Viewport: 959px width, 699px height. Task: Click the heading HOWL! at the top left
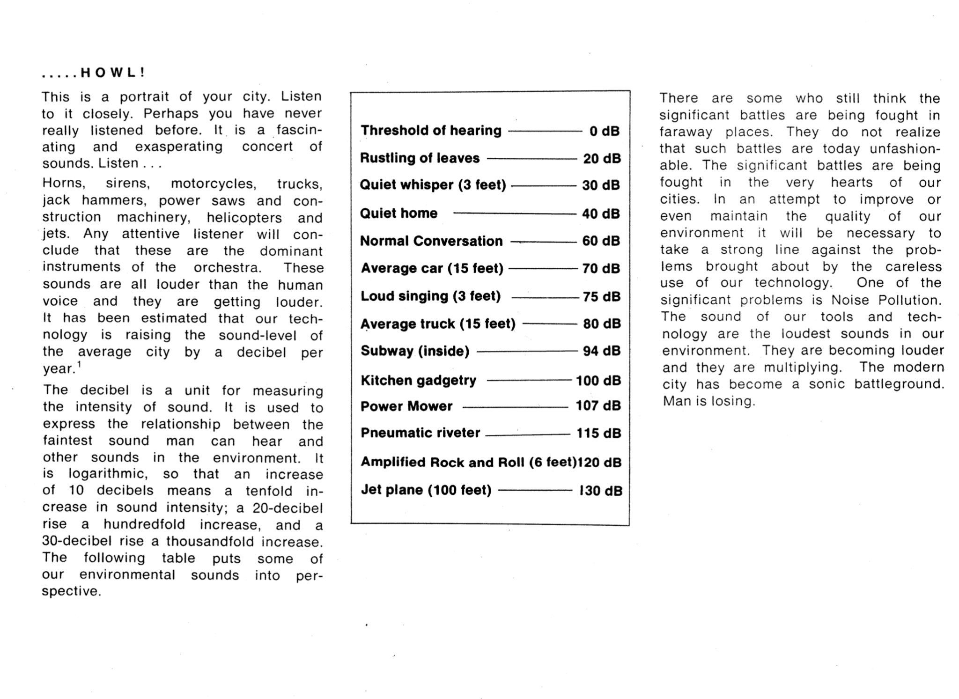(112, 73)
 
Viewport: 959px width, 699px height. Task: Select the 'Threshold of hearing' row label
(431, 131)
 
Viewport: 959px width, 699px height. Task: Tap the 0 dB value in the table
(604, 131)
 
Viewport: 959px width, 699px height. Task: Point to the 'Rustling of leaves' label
(420, 158)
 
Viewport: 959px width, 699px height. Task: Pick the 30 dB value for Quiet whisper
(601, 185)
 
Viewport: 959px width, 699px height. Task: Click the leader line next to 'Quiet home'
(514, 213)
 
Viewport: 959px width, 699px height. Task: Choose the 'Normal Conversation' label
(431, 241)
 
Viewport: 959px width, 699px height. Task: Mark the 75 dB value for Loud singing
(601, 296)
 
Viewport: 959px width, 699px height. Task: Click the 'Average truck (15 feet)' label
(438, 324)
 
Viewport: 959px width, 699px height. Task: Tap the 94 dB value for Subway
(601, 351)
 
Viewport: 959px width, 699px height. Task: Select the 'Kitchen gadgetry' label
(418, 381)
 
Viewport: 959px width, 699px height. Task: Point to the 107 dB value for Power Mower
(598, 406)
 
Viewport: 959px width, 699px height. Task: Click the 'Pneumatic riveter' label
(420, 433)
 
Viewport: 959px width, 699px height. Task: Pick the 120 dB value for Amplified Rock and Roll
(599, 463)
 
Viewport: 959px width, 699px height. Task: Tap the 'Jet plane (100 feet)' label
(426, 490)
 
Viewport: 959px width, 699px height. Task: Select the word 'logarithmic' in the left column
(108, 474)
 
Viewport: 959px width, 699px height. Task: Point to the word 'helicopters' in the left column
(244, 218)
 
